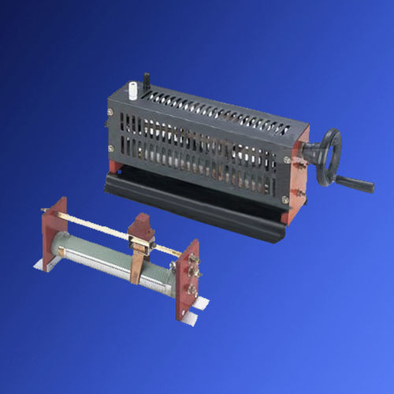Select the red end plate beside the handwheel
point(295,181)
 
